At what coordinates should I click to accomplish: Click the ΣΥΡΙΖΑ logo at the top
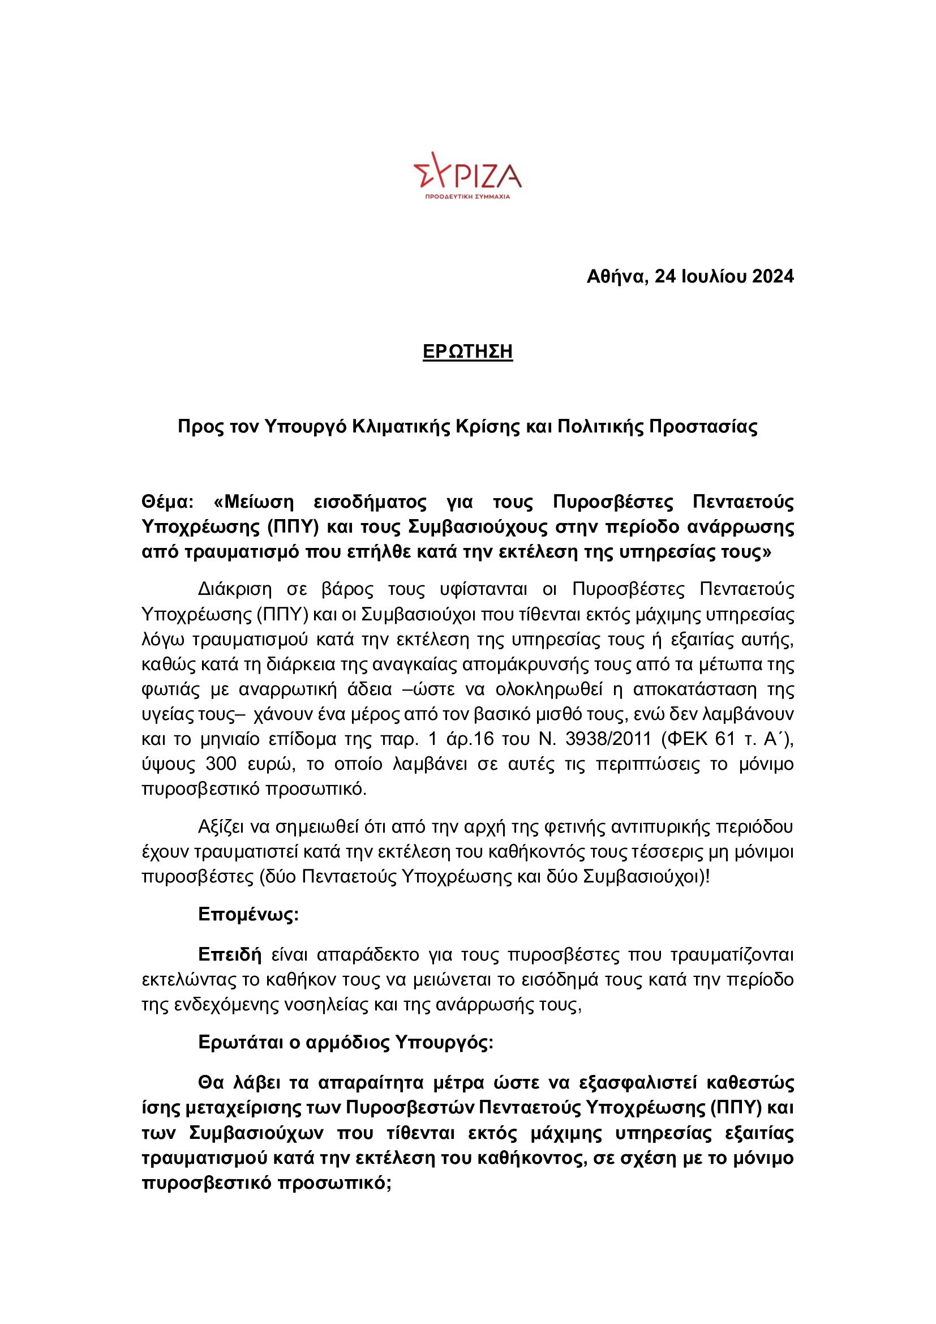click(x=467, y=170)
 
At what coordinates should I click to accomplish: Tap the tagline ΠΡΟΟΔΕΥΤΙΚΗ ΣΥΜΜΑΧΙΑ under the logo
click(x=467, y=196)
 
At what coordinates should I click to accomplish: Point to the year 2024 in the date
click(x=773, y=277)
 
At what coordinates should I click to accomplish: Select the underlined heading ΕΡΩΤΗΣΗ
click(x=467, y=352)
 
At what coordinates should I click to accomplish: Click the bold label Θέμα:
click(x=168, y=502)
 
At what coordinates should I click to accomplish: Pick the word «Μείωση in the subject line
click(x=253, y=502)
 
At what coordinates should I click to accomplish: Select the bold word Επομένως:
click(x=248, y=915)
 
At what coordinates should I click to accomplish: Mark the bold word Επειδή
click(x=229, y=955)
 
